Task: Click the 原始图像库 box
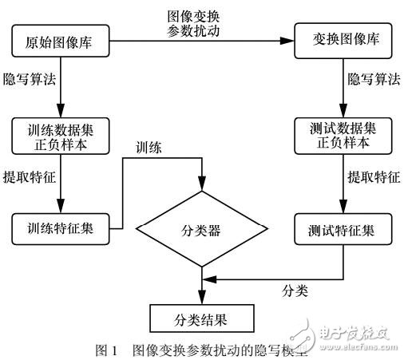point(61,41)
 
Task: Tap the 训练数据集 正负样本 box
point(61,134)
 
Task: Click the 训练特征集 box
point(61,228)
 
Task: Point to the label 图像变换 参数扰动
point(196,23)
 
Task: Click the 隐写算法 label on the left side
point(29,81)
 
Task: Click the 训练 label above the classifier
point(149,147)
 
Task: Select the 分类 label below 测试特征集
point(299,289)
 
